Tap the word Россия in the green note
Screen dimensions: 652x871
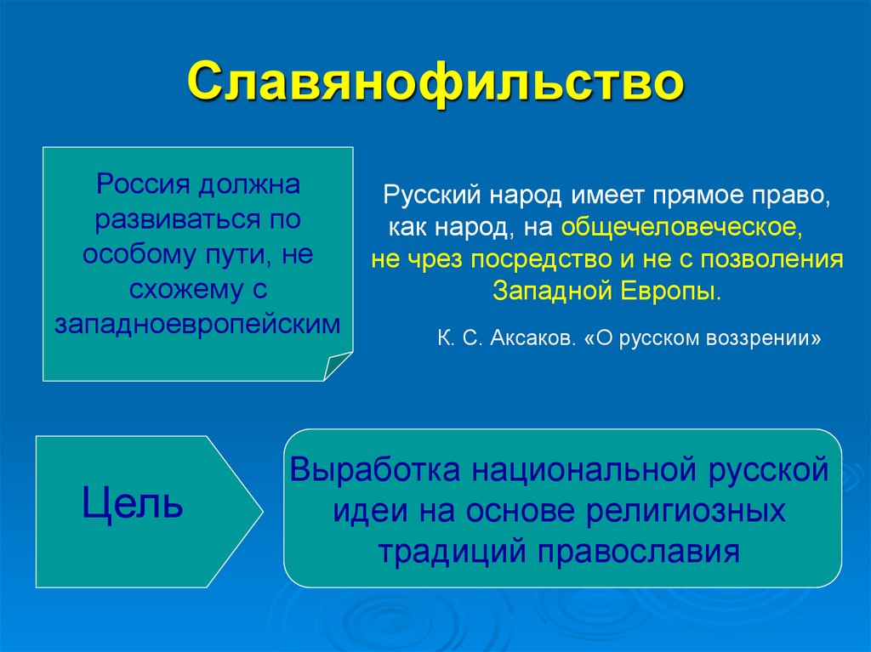point(145,183)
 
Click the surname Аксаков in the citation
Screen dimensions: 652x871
point(532,337)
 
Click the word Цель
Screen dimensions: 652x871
point(133,505)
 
